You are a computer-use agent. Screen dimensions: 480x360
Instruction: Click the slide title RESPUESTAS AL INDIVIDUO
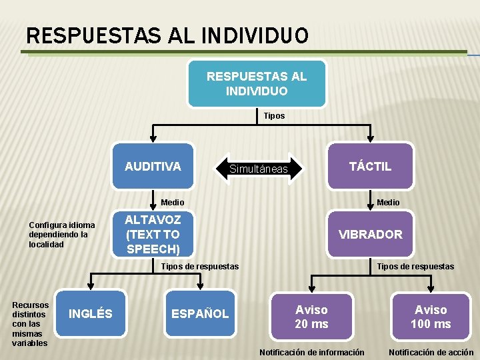pyautogui.click(x=167, y=34)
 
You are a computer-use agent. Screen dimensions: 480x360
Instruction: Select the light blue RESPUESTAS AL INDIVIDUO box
pyautogui.click(x=257, y=83)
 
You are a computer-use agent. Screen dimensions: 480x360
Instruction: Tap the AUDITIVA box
pyautogui.click(x=153, y=167)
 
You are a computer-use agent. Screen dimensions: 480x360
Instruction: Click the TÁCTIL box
pyautogui.click(x=370, y=167)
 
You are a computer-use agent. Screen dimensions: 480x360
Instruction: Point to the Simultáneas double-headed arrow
pyautogui.click(x=258, y=169)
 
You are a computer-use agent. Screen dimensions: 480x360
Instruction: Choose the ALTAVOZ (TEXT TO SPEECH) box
pyautogui.click(x=153, y=234)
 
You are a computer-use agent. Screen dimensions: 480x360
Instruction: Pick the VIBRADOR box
pyautogui.click(x=370, y=234)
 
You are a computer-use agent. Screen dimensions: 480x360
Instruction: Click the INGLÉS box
pyautogui.click(x=91, y=313)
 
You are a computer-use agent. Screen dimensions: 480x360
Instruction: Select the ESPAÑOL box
pyautogui.click(x=199, y=313)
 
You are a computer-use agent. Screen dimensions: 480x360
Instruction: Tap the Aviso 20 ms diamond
pyautogui.click(x=311, y=317)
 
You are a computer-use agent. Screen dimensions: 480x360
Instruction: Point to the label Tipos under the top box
pyautogui.click(x=274, y=116)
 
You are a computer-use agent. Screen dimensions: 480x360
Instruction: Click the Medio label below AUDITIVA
pyautogui.click(x=173, y=202)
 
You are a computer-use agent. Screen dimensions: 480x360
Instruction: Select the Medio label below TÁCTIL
pyautogui.click(x=388, y=202)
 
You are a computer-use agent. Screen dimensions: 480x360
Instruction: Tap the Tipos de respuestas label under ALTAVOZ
pyautogui.click(x=200, y=267)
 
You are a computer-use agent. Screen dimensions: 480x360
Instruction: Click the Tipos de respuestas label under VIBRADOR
pyautogui.click(x=415, y=267)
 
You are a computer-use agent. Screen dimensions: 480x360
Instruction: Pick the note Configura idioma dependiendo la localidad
pyautogui.click(x=62, y=235)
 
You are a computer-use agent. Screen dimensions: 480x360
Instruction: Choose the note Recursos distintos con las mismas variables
pyautogui.click(x=30, y=324)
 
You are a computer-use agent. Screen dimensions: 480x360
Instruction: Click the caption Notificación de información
pyautogui.click(x=311, y=352)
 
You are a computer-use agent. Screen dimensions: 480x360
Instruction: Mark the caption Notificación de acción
pyautogui.click(x=431, y=352)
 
